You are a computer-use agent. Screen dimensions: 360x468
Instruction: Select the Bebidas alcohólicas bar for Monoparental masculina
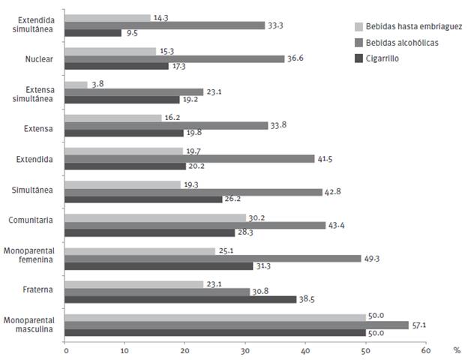(x=236, y=325)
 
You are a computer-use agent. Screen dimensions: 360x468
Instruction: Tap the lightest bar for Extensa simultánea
(x=76, y=85)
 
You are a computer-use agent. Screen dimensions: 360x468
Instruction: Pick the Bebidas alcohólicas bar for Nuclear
(x=175, y=58)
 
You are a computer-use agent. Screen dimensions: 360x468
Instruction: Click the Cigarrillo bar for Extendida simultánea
(x=93, y=33)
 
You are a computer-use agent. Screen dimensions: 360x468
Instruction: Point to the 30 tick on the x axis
(x=245, y=350)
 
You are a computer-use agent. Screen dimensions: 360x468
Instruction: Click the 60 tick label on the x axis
(x=425, y=350)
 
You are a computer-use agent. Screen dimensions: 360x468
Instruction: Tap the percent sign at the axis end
(x=455, y=350)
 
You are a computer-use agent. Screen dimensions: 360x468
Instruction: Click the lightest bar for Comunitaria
(x=155, y=217)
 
